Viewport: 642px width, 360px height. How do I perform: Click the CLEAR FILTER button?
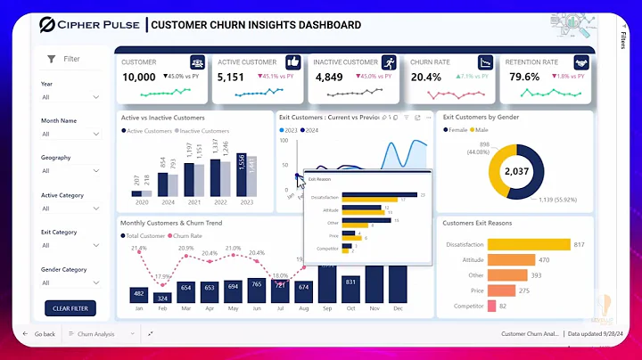click(x=70, y=307)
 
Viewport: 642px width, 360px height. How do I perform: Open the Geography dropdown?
click(x=70, y=171)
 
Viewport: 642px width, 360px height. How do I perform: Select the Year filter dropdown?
click(x=70, y=96)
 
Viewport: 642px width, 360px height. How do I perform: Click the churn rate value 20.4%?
click(x=425, y=77)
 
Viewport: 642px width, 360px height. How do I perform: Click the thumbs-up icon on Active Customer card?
click(x=293, y=62)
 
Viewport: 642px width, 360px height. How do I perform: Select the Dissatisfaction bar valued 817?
click(x=528, y=244)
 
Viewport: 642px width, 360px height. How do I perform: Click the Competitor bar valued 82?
click(x=491, y=306)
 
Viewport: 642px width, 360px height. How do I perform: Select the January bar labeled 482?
click(x=138, y=295)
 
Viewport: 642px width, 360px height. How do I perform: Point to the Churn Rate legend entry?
click(x=185, y=235)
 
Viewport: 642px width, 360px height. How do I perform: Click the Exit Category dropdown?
click(x=70, y=245)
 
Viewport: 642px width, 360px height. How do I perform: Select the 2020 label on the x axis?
click(x=141, y=202)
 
